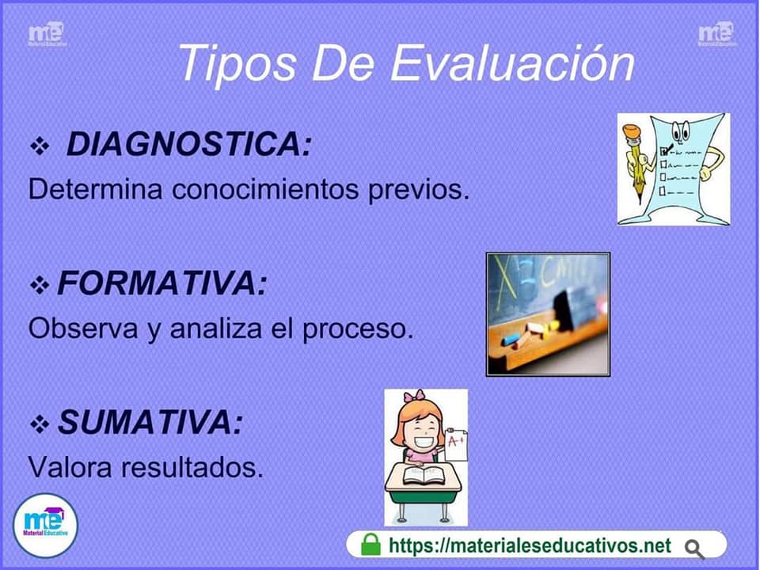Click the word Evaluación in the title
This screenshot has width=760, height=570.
(x=512, y=63)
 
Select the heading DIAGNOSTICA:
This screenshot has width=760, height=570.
(x=189, y=144)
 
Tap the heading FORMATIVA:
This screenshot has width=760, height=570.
(x=162, y=283)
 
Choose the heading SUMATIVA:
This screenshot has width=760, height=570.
(x=150, y=422)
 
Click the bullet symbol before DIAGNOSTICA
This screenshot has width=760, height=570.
(x=40, y=146)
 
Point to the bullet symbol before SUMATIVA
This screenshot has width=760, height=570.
(x=40, y=424)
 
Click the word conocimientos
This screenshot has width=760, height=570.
(x=265, y=188)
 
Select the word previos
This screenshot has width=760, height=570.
(x=419, y=189)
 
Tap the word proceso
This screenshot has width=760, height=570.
(x=358, y=329)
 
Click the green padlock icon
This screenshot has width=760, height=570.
(x=370, y=545)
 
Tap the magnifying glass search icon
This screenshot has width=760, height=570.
(x=694, y=549)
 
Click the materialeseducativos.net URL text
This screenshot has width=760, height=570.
(x=530, y=545)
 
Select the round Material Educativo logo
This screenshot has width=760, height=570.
(x=46, y=526)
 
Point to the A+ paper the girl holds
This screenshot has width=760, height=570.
(x=456, y=444)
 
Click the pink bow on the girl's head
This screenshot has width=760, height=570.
(x=414, y=396)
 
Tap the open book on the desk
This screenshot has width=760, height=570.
(x=424, y=475)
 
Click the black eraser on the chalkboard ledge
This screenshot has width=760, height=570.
(x=564, y=310)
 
